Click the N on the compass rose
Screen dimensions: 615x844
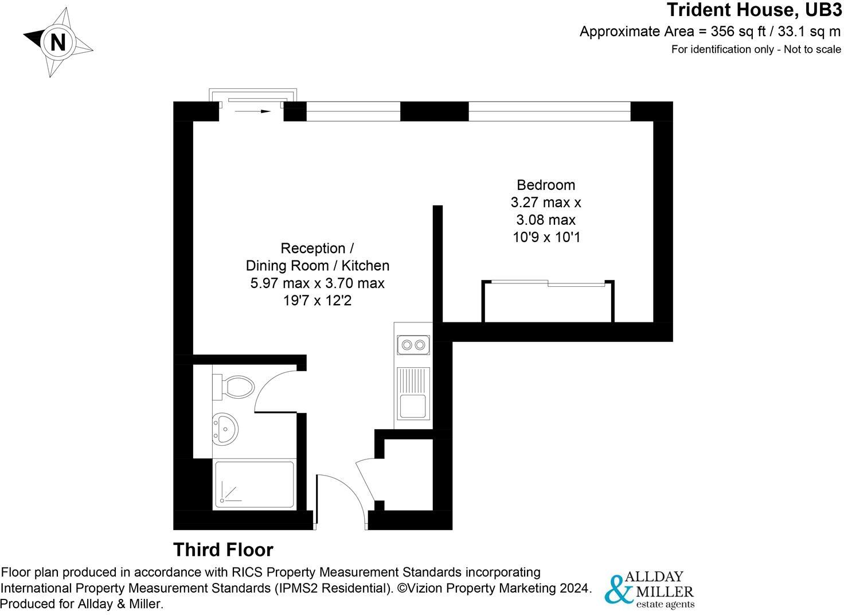tap(58, 42)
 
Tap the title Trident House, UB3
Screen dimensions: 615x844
tap(753, 10)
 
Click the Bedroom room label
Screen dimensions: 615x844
tap(545, 185)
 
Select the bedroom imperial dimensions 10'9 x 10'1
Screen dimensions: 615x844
tap(546, 237)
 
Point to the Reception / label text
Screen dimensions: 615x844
tap(316, 248)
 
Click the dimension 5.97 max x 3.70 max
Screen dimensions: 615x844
tap(317, 283)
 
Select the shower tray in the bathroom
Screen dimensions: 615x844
tap(254, 485)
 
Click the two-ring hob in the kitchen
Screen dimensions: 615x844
tap(413, 345)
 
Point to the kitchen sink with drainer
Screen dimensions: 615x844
tap(413, 393)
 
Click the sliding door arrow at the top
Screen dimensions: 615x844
tap(252, 111)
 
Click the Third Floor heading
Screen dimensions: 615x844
tap(223, 550)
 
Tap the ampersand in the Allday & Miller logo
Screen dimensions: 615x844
tap(618, 589)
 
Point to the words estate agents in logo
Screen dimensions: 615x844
tap(665, 604)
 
